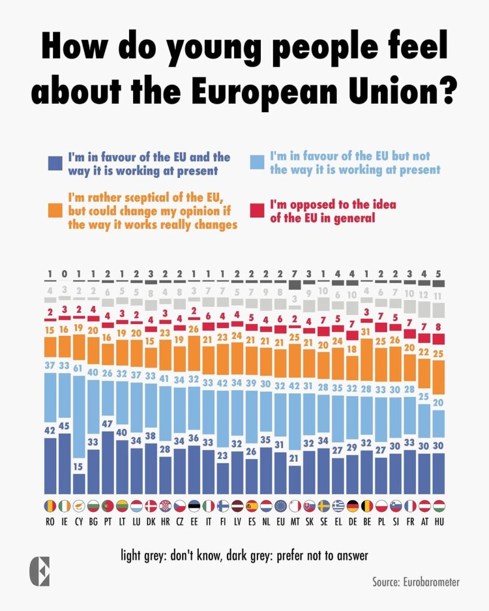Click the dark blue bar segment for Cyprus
[x=79, y=484]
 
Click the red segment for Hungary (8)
[x=438, y=339]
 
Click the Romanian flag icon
[x=50, y=506]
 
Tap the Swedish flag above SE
[x=323, y=506]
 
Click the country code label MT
[x=294, y=521]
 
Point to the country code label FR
[x=410, y=521]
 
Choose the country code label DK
[x=150, y=521]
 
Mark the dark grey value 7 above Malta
[x=294, y=274]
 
